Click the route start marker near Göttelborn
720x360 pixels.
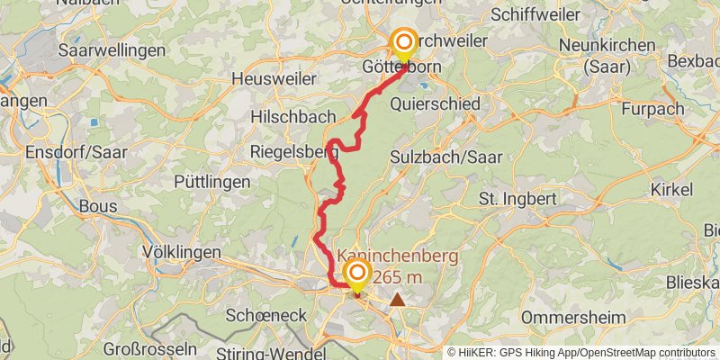click(403, 43)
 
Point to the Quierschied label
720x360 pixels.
click(436, 103)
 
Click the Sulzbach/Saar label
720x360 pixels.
click(446, 157)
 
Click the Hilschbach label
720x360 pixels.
click(292, 117)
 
